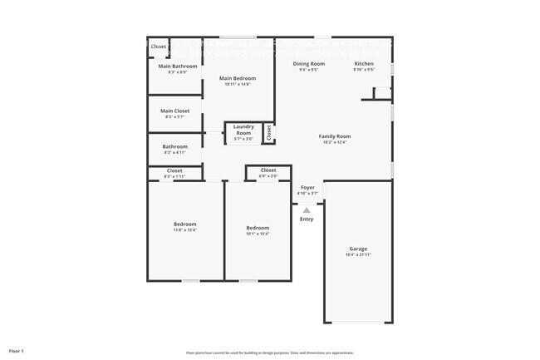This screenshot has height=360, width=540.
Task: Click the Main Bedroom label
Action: tap(237, 78)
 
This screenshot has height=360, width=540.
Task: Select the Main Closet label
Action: tap(175, 111)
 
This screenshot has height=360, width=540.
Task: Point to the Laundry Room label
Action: tap(243, 130)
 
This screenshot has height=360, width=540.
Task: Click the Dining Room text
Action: tap(308, 63)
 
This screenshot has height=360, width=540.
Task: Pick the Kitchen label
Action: tap(364, 63)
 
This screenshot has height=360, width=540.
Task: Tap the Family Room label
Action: tap(335, 136)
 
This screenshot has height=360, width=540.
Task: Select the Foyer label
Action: tap(307, 188)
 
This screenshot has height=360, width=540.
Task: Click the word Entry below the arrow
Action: tap(307, 219)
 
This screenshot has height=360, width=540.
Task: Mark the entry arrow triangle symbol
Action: tap(307, 210)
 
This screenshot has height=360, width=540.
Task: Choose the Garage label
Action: tap(358, 249)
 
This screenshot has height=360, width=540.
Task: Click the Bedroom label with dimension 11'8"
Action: tap(185, 224)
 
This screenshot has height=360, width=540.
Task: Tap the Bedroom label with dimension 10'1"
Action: tap(258, 227)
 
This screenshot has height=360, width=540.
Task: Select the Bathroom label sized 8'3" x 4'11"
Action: tap(175, 147)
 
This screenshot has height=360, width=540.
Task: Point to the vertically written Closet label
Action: tap(269, 132)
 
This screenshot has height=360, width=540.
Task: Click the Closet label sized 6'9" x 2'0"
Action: tap(268, 170)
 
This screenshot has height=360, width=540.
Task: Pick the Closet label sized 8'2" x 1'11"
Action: tap(175, 170)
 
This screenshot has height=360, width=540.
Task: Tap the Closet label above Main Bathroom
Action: tap(158, 47)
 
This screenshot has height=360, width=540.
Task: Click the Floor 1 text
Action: tap(17, 351)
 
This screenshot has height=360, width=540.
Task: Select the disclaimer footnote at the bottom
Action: tap(270, 353)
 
